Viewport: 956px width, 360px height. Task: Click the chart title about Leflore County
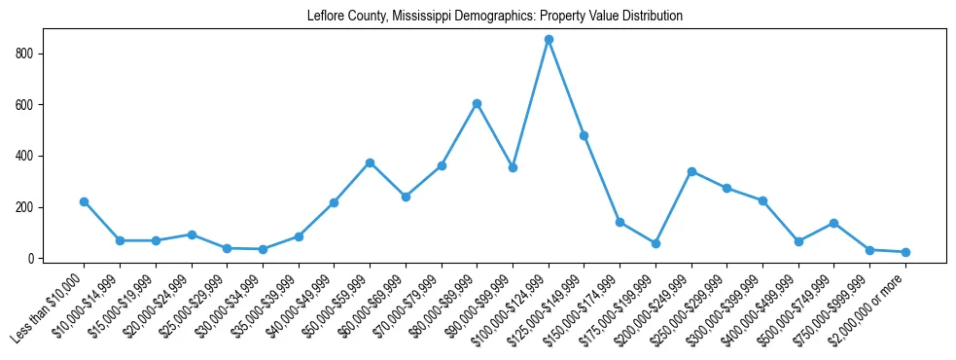(494, 16)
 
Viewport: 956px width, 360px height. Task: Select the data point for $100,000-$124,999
(549, 39)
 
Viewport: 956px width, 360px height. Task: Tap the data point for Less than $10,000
(84, 201)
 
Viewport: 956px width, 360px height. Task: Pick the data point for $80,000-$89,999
(477, 103)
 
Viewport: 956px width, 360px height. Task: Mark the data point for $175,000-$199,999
(655, 243)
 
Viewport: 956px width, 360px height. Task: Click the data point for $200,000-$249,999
(691, 171)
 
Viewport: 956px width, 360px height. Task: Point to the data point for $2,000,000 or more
(905, 252)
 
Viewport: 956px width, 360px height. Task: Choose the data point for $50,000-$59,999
(370, 162)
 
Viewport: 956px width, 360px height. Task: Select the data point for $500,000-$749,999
(834, 223)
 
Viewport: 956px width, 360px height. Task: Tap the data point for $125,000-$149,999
(584, 135)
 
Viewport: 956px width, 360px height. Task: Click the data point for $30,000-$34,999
(263, 249)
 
